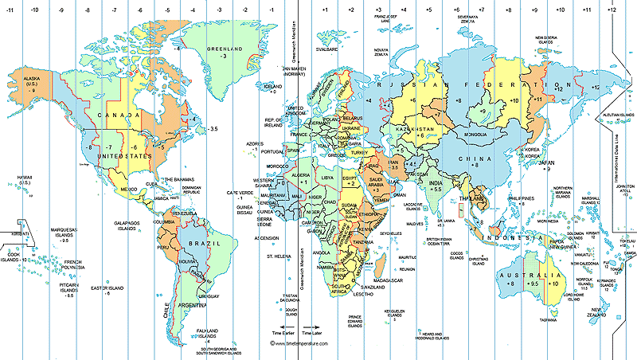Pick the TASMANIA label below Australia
(x=549, y=319)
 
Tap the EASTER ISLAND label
(x=106, y=288)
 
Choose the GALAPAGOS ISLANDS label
(x=127, y=226)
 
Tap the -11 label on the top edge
(x=10, y=10)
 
